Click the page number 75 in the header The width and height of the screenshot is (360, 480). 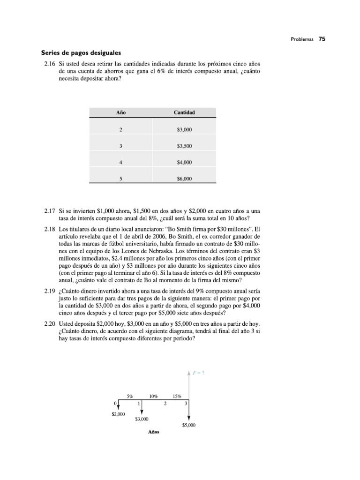coord(322,39)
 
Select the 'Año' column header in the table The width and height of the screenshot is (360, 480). coord(121,113)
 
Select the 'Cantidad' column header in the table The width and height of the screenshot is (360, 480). coord(184,113)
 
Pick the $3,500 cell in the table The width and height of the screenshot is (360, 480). coord(184,146)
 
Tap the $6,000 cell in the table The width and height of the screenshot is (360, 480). coord(184,179)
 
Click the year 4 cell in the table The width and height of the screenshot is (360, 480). coord(121,163)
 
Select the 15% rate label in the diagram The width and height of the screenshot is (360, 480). coord(177,396)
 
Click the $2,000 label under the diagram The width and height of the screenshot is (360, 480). coord(118,414)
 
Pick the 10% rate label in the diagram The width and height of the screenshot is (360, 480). coord(153,396)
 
